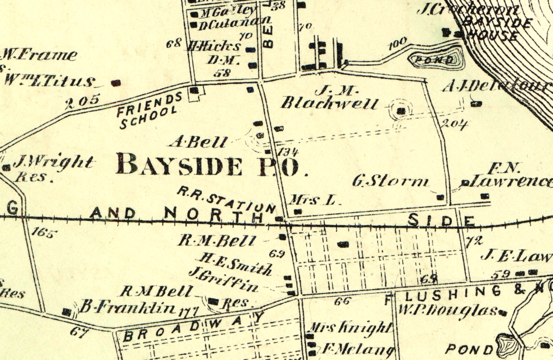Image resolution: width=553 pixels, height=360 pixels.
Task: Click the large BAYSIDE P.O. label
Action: tap(212, 165)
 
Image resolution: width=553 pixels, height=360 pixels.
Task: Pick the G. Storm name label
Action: tap(391, 181)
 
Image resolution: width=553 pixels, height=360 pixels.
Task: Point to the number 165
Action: tap(44, 233)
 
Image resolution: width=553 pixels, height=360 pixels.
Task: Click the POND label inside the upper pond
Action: tap(437, 59)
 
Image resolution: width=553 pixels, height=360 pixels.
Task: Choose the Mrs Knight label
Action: tap(350, 328)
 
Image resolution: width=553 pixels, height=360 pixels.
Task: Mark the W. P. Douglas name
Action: tap(447, 309)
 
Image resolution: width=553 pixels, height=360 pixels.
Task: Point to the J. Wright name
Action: tap(53, 163)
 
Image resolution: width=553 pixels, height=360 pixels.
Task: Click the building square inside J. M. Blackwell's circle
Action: tap(401, 111)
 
